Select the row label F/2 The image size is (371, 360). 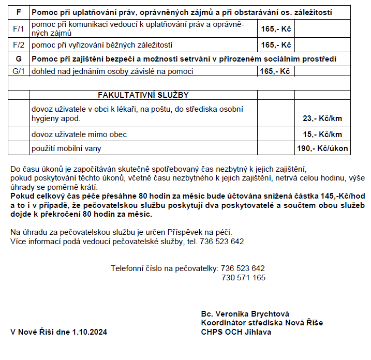pyautogui.click(x=18, y=45)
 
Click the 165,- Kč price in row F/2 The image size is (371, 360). pyautogui.click(x=276, y=45)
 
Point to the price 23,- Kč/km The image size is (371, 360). pyautogui.click(x=322, y=118)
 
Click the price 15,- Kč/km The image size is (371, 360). pyautogui.click(x=322, y=134)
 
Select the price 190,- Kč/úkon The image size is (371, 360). pyautogui.click(x=322, y=148)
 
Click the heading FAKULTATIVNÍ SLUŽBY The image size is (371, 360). pyautogui.click(x=143, y=95)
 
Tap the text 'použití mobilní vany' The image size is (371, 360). pyautogui.click(x=66, y=148)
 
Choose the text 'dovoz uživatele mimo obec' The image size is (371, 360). pyautogui.click(x=79, y=134)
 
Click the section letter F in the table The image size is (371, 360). pyautogui.click(x=19, y=12)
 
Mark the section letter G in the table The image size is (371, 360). pyautogui.click(x=19, y=59)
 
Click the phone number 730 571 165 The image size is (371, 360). pyautogui.click(x=243, y=278)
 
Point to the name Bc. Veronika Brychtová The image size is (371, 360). pyautogui.click(x=245, y=314)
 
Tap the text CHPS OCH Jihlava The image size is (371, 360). pyautogui.click(x=235, y=332)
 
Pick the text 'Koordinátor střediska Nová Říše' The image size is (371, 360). pyautogui.click(x=262, y=323)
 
